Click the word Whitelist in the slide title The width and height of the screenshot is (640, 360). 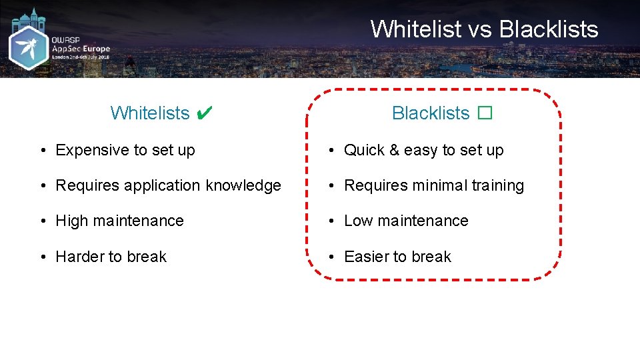[x=415, y=29]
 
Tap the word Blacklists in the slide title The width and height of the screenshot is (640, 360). [x=549, y=29]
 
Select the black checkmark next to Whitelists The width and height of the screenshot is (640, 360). [x=205, y=113]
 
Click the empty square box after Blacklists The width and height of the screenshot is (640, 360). [x=484, y=113]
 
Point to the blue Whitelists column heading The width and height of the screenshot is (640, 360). [x=150, y=113]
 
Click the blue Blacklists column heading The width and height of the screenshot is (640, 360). [x=431, y=113]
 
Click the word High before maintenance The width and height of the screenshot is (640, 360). [x=72, y=221]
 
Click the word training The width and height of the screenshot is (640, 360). [x=497, y=186]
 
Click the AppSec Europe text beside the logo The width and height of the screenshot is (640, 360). [x=81, y=49]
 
